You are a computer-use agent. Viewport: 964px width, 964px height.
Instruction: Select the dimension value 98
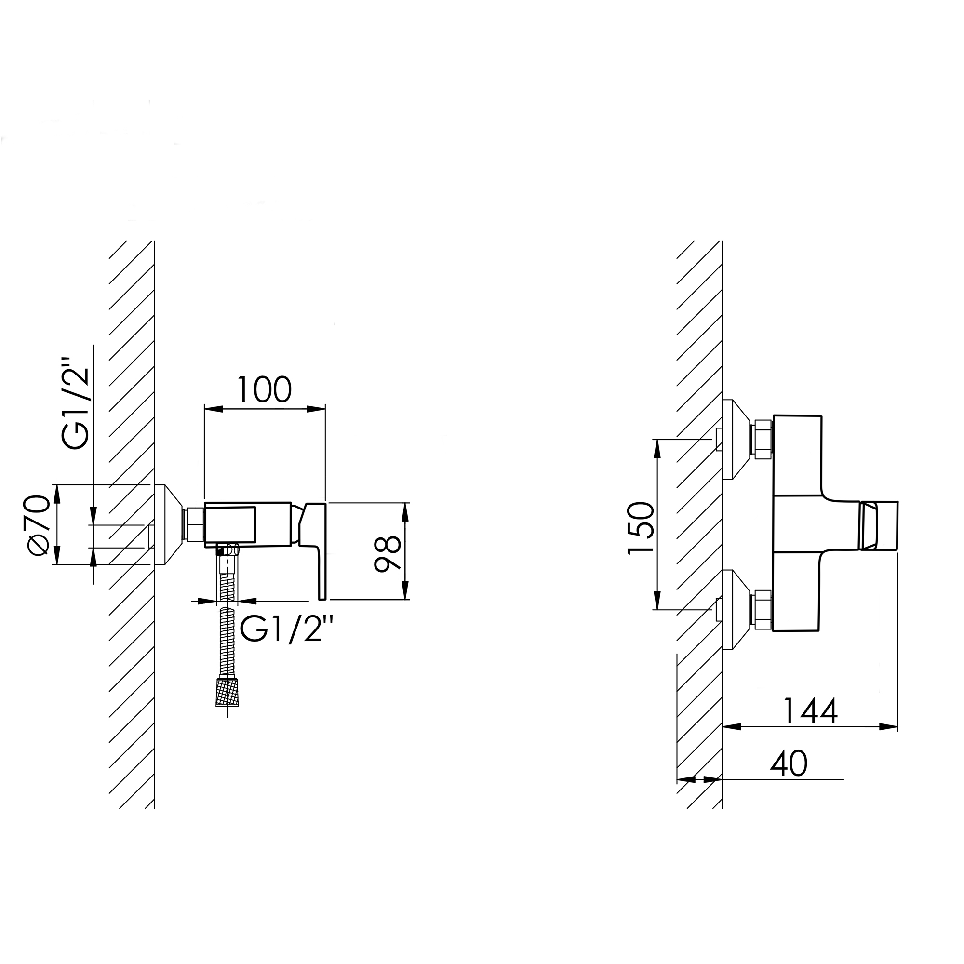click(x=388, y=553)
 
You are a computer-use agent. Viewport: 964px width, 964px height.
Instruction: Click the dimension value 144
click(x=810, y=711)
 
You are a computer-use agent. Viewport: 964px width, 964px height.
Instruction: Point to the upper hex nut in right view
click(x=763, y=440)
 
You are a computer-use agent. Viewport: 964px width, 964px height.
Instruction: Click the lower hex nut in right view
click(x=763, y=609)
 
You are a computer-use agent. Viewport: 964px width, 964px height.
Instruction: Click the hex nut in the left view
click(x=195, y=524)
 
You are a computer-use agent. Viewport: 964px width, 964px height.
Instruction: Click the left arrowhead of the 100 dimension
click(x=214, y=409)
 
